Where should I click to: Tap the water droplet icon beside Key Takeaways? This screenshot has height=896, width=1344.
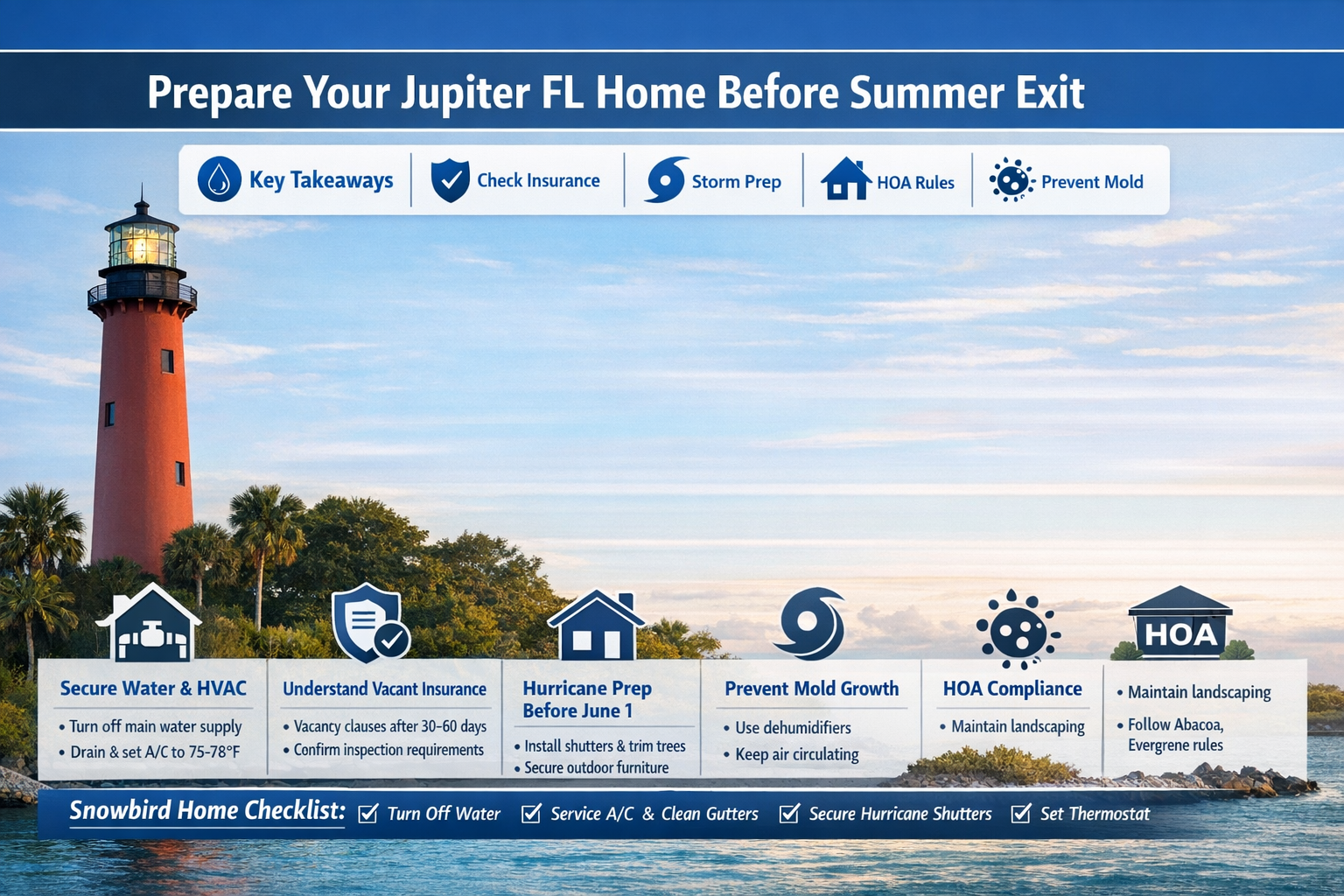pos(220,179)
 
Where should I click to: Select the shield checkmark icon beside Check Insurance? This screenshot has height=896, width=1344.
pos(451,180)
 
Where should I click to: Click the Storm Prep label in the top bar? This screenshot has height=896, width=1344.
pos(736,182)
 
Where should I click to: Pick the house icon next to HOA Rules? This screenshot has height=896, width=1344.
pos(845,179)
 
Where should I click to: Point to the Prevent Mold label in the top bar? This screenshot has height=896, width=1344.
pos(1091,182)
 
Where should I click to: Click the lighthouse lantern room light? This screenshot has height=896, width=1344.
pos(141,245)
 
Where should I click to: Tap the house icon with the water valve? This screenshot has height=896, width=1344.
pos(151,625)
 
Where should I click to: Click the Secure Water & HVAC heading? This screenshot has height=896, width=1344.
pos(153,689)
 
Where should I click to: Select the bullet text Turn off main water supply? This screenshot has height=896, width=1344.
pos(155,726)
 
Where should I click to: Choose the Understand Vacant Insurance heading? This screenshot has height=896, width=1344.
pos(384,689)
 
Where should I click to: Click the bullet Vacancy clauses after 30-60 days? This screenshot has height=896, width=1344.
pos(389,726)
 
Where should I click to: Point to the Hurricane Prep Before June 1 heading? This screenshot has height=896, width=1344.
pos(587,699)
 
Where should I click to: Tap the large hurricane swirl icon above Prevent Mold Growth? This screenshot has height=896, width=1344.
pos(810,623)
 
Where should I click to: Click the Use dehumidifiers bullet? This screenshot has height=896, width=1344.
pos(793,728)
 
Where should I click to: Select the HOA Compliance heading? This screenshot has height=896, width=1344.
pos(1012,689)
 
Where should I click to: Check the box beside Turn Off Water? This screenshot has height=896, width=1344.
pos(368,814)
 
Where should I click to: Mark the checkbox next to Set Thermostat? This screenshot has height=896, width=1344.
pos(1020,814)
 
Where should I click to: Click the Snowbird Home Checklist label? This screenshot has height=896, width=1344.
pos(207,811)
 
